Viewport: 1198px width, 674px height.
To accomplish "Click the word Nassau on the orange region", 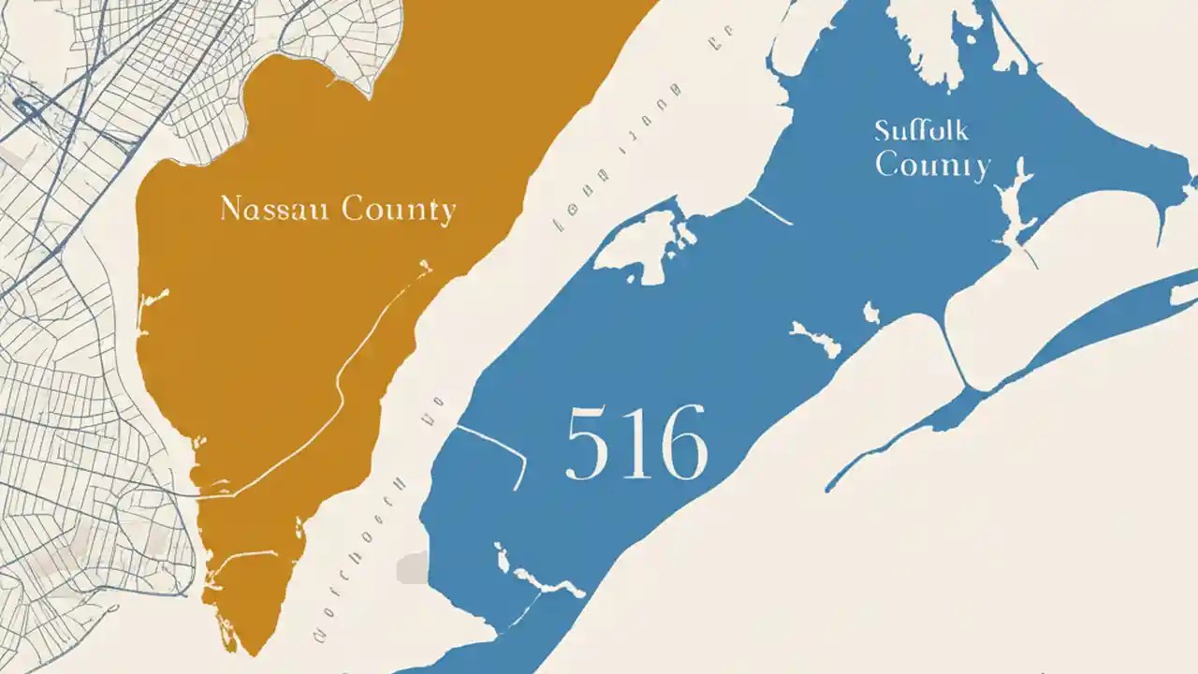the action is [x=276, y=209].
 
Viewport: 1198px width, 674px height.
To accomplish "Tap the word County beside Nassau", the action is [x=399, y=210].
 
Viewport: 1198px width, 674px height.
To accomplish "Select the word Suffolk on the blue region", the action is [x=921, y=131].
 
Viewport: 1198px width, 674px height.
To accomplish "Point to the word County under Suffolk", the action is [x=932, y=167].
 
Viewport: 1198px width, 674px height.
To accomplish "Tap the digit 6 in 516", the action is [x=680, y=443].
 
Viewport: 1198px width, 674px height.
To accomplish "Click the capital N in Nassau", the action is [x=230, y=209].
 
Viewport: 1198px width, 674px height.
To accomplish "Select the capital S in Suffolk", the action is [x=883, y=131].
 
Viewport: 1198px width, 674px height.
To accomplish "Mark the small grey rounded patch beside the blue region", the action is [x=412, y=567].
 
